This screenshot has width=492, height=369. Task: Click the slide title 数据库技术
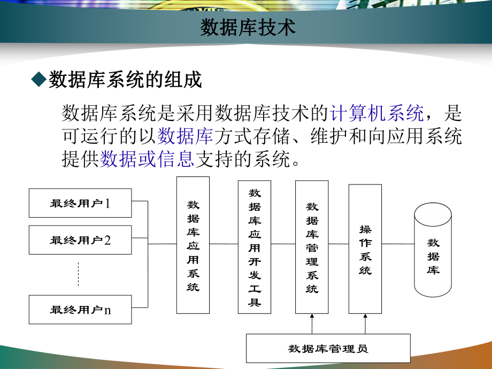248,28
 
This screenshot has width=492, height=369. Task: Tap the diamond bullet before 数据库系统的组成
39,80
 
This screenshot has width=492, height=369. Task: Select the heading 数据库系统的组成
125,80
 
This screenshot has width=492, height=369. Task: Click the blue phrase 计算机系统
378,113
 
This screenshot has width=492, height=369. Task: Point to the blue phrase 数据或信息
147,159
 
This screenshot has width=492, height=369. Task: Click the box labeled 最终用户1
80,203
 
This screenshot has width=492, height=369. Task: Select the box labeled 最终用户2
80,240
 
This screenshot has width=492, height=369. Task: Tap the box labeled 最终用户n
80,309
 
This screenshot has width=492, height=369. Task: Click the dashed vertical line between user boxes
79,274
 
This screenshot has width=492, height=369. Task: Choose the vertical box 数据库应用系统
193,245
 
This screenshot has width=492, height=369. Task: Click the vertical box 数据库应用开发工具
255,247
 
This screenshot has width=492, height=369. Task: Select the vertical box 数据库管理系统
312,247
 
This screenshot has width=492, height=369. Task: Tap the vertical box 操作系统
365,249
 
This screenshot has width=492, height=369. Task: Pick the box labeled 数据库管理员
328,348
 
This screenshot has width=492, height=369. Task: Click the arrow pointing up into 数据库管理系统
312,324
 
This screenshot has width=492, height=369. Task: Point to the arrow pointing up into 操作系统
365,324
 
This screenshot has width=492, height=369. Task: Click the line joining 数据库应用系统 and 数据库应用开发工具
224,244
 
